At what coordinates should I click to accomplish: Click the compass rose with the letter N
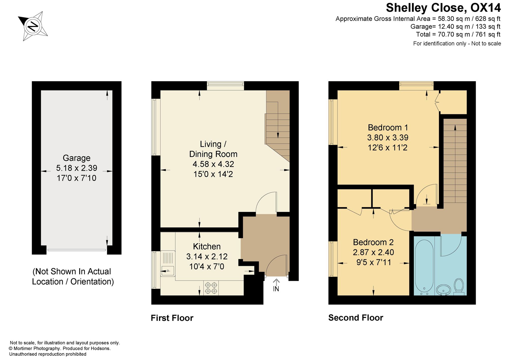point(33,26)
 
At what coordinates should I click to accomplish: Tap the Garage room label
point(76,158)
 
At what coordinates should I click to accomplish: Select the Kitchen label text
point(207,246)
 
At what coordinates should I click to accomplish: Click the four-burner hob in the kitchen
point(211,288)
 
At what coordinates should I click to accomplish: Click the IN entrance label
point(276,289)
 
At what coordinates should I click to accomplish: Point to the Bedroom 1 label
point(388,127)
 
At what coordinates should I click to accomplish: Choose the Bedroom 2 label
point(373,242)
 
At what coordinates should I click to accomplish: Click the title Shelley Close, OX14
point(443,8)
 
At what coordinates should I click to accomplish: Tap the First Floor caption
point(172,318)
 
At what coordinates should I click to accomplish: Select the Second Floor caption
point(356,318)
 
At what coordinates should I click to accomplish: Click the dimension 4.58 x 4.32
point(213,164)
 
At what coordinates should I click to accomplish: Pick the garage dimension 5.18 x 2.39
point(76,168)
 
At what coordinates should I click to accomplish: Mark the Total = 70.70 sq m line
point(458,34)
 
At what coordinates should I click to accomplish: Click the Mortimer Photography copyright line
point(60,349)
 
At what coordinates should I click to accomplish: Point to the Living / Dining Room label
point(213,149)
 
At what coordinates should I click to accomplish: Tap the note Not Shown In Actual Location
point(73,277)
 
